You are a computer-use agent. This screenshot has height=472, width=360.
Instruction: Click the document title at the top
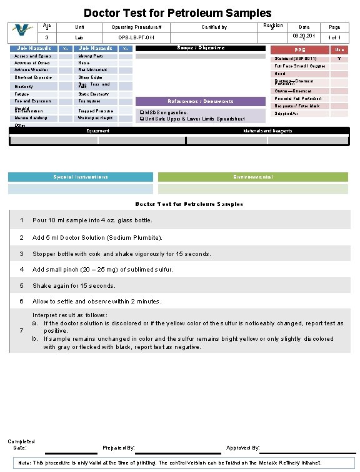click(177, 12)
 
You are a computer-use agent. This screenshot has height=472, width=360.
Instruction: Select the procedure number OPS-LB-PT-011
click(136, 38)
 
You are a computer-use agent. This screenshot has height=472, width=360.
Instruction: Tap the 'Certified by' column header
click(214, 27)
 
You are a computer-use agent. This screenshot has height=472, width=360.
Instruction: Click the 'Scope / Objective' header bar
click(197, 48)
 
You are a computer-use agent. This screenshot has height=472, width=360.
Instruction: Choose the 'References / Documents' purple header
click(200, 101)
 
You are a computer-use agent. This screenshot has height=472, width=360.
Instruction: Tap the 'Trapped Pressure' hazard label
click(96, 111)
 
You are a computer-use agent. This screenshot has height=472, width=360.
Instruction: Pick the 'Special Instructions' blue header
click(80, 177)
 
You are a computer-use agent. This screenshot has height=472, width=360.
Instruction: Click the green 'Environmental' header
click(252, 177)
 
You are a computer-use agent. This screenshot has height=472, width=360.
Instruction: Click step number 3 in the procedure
click(22, 254)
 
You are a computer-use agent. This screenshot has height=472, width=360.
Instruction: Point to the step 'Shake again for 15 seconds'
click(74, 285)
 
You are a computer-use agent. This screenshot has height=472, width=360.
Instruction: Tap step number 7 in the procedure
click(22, 330)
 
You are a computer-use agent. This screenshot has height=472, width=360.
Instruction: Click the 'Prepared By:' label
click(118, 448)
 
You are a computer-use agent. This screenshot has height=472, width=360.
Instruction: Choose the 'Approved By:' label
click(242, 448)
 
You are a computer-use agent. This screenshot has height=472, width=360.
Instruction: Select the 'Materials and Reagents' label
click(267, 130)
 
